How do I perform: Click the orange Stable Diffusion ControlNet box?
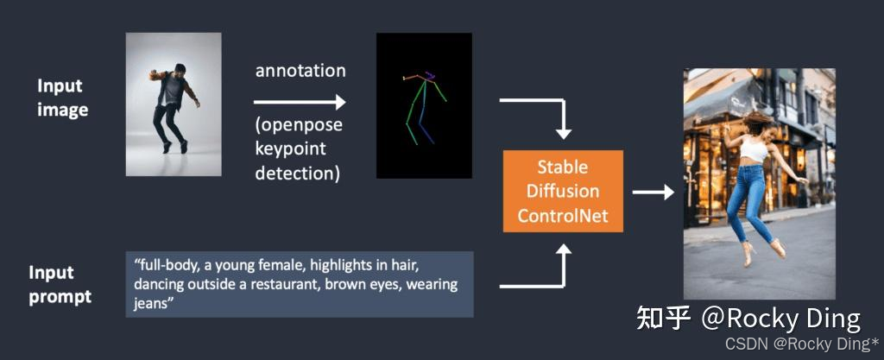click(x=563, y=191)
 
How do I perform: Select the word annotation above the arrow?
click(x=300, y=71)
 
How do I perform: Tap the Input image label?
click(x=61, y=98)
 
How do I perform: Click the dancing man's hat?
click(x=179, y=67)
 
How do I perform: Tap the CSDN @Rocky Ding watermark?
click(x=802, y=344)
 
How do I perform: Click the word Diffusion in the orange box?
click(x=563, y=191)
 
